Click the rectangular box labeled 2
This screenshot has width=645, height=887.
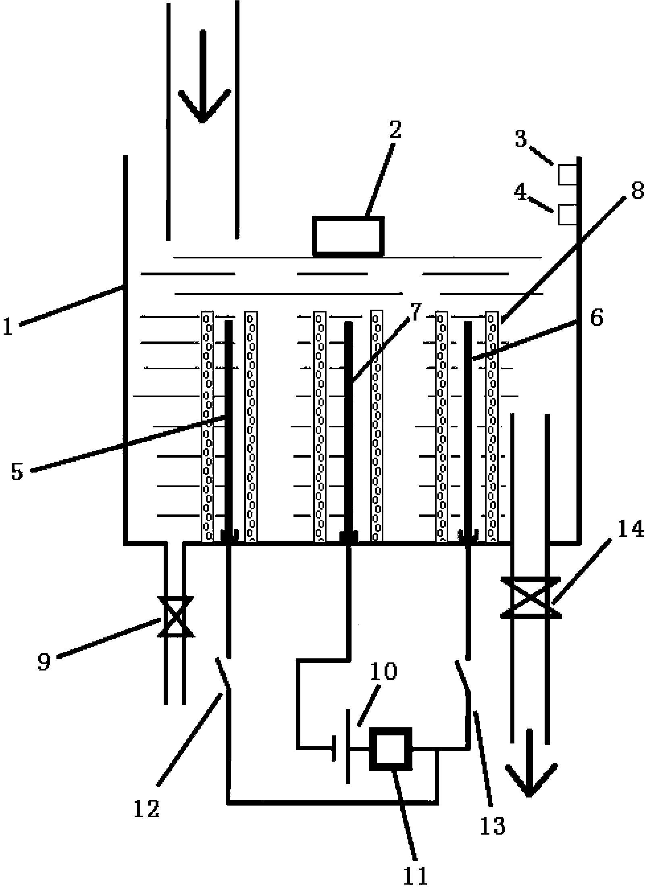pyautogui.click(x=349, y=237)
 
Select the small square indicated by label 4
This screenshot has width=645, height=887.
pyautogui.click(x=568, y=214)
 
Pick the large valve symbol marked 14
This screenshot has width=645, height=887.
pyautogui.click(x=530, y=598)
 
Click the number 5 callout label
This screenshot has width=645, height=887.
pyautogui.click(x=17, y=472)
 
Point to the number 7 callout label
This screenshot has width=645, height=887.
pyautogui.click(x=416, y=311)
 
